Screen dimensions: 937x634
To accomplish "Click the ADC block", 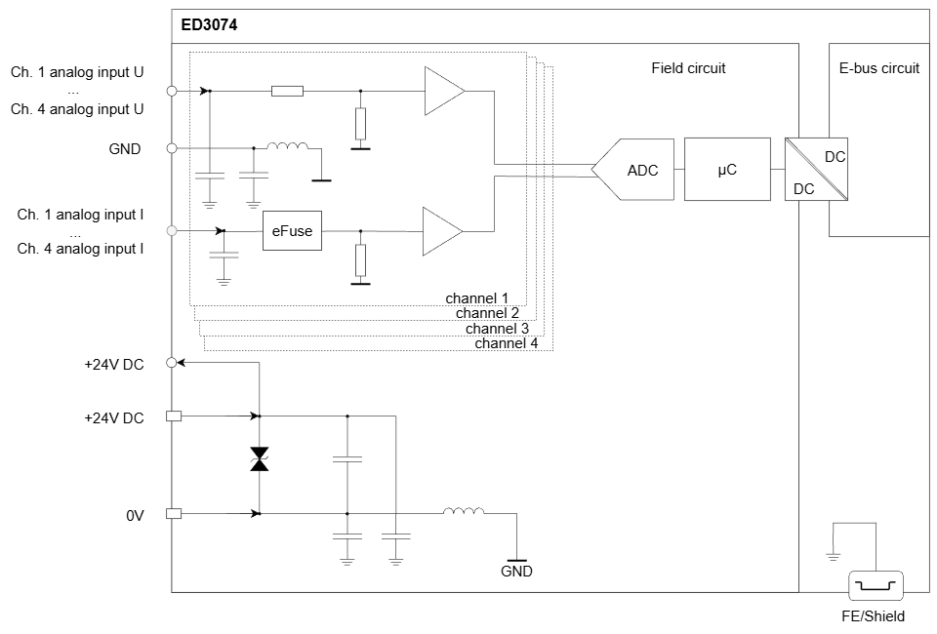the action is [633, 170].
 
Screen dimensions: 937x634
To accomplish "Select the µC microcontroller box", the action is [727, 170].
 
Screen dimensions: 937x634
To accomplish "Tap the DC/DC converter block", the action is [816, 170].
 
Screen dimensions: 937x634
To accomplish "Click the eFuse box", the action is [292, 231].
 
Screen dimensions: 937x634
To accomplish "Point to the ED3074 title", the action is [209, 25].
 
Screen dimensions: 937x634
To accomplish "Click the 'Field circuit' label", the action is [688, 68].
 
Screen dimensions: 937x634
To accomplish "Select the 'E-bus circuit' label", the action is [879, 68].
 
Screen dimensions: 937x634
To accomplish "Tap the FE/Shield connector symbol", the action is [876, 585].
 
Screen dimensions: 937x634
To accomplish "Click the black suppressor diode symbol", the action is [260, 459].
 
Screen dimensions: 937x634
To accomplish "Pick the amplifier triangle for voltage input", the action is [444, 91].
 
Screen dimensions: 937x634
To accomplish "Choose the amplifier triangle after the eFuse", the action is [442, 231].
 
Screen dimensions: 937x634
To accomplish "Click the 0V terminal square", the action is [174, 513].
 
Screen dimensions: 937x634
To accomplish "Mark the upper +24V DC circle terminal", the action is [172, 363].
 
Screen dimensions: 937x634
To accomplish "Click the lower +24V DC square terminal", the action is [174, 416].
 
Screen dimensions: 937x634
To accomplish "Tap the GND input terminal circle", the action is [172, 148].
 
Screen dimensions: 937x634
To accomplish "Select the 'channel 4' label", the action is [507, 343].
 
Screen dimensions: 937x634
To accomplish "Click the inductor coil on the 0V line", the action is [464, 511].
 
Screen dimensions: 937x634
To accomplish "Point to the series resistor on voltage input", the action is [287, 92].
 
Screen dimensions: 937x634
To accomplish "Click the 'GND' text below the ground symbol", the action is [516, 572].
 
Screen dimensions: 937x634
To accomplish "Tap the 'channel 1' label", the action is [477, 297].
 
